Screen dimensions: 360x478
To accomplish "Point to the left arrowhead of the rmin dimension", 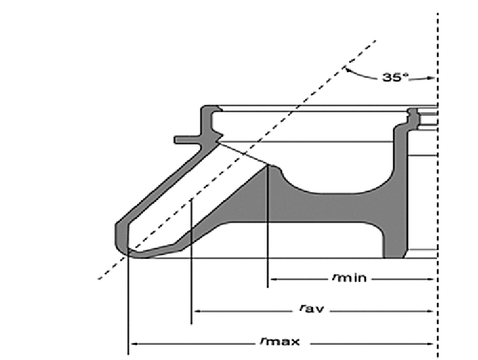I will click(271, 279).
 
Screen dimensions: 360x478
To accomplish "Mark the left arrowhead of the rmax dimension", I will click(132, 344).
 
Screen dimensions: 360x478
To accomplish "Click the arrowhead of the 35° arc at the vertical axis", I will click(433, 78).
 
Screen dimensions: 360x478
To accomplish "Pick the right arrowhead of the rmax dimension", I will click(433, 344).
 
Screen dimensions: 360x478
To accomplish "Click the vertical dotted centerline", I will click(437, 191).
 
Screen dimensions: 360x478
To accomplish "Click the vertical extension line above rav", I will click(192, 267).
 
